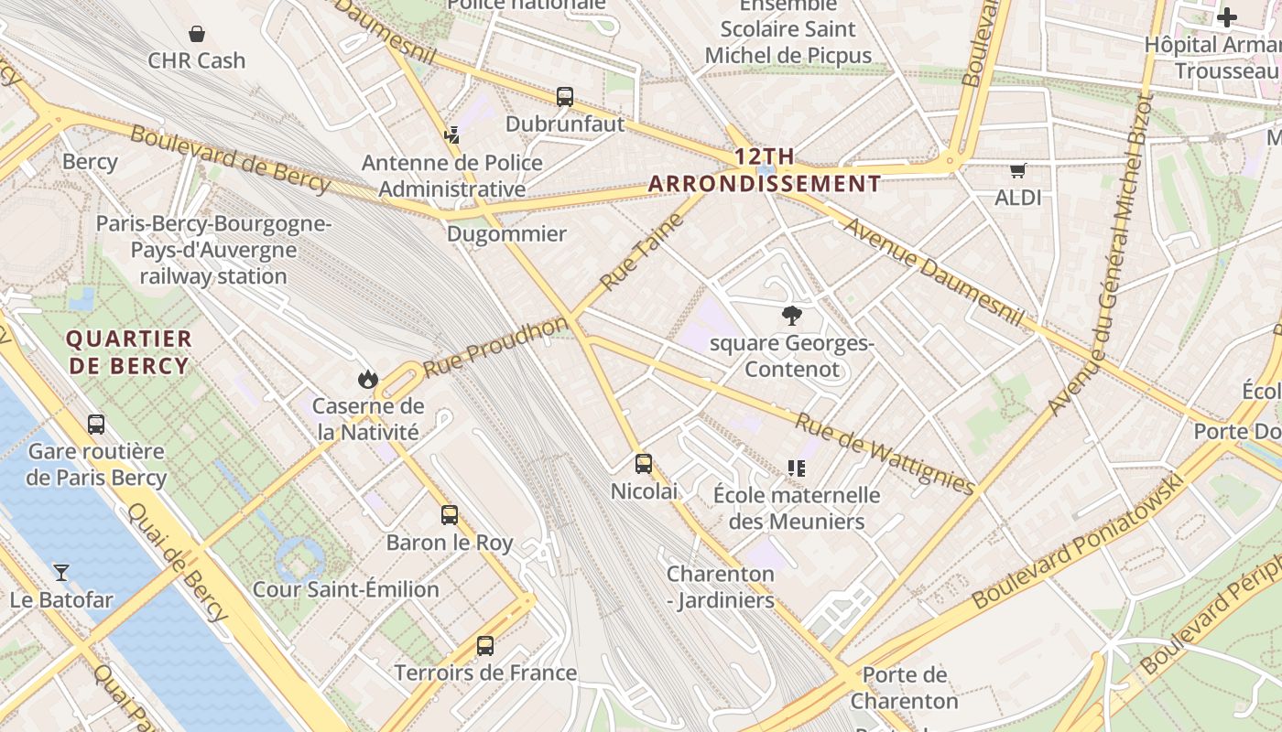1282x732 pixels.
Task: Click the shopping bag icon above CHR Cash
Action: tap(196, 35)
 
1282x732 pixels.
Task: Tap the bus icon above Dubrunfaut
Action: tap(565, 97)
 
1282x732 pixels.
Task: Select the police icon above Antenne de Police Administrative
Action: tap(451, 135)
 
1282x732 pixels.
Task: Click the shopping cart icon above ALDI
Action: tap(1017, 170)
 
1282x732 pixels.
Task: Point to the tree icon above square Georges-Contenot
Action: tap(791, 317)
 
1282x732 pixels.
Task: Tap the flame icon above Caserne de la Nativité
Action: tap(367, 379)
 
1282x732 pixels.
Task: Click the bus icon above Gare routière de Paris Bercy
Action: tap(96, 425)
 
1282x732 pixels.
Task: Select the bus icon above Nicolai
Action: tap(644, 464)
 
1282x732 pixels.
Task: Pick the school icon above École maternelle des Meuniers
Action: tap(797, 468)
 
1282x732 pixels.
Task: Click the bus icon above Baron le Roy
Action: tap(449, 515)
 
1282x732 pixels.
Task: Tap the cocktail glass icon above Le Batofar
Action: tap(61, 573)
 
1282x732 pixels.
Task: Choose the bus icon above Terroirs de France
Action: tap(485, 646)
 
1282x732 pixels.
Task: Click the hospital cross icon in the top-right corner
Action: tap(1226, 17)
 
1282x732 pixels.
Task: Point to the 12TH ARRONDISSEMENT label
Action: tap(765, 170)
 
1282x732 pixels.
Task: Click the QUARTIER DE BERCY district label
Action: tap(128, 352)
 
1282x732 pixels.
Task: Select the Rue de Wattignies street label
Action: tap(884, 454)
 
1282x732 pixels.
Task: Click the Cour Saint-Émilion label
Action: tap(345, 589)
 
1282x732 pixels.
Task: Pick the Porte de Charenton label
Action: tap(904, 688)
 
